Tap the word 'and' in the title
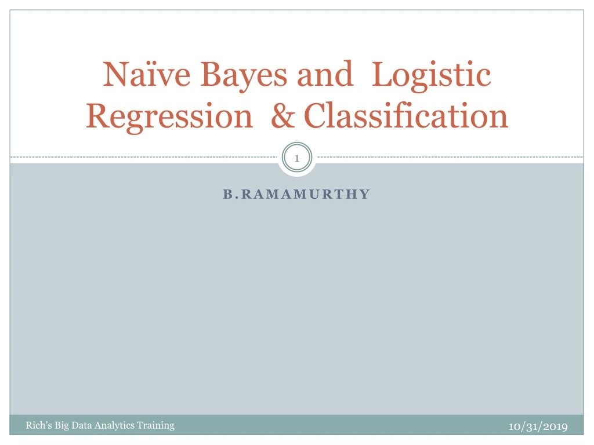(325, 75)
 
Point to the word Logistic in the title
(431, 75)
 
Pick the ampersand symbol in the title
(282, 116)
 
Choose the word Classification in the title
(406, 116)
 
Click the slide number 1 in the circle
(296, 158)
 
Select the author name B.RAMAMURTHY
(296, 194)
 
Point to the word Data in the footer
(82, 425)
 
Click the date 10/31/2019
(538, 426)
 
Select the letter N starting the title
(113, 75)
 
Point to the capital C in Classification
(316, 116)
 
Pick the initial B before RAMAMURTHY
(227, 194)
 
